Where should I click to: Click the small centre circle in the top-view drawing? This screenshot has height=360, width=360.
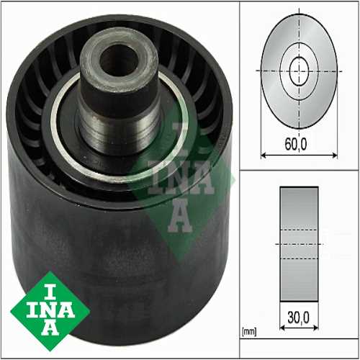tap(298, 71)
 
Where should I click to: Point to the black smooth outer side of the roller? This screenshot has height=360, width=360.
tap(108, 238)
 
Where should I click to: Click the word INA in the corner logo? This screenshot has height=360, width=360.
tap(51, 310)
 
